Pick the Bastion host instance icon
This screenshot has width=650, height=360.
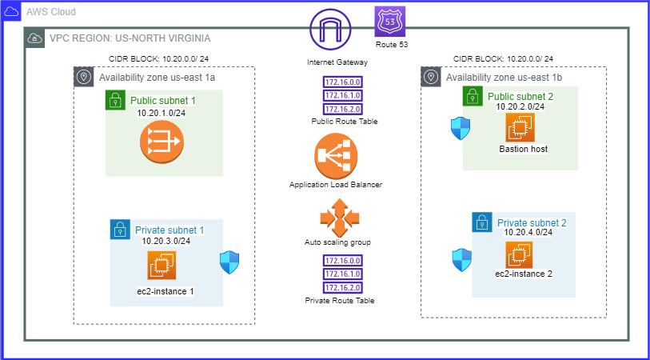[520, 127]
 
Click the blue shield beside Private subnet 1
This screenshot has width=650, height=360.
[229, 262]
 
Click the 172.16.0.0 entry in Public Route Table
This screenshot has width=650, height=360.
[343, 82]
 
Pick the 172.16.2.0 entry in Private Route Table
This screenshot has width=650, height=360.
[342, 287]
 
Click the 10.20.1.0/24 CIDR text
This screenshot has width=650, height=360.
[162, 113]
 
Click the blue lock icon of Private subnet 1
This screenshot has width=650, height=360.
[120, 230]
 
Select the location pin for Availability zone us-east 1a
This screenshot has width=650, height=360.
[84, 78]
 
